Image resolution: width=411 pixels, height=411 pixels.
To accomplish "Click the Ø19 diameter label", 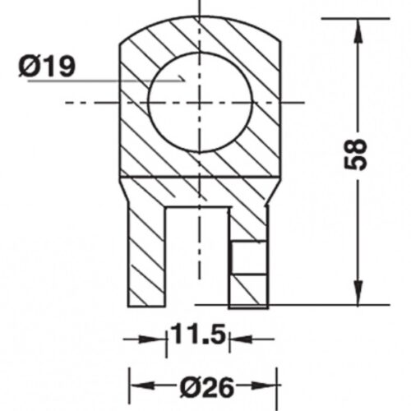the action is [47, 67].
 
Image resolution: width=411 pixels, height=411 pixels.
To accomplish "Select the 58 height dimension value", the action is [355, 155].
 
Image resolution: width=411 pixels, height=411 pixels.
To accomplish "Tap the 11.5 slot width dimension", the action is [198, 334].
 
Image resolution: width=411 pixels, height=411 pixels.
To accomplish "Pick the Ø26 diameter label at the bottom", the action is [207, 387].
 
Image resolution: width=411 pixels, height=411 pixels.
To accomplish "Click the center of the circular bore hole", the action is [200, 103].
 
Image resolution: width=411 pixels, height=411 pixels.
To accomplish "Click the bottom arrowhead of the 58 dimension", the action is [358, 292].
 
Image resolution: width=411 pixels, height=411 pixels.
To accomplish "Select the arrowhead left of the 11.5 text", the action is [152, 339].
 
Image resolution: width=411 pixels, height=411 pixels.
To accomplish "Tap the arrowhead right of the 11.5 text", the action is [241, 339].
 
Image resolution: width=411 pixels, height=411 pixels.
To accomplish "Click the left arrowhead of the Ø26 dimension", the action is [141, 386].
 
